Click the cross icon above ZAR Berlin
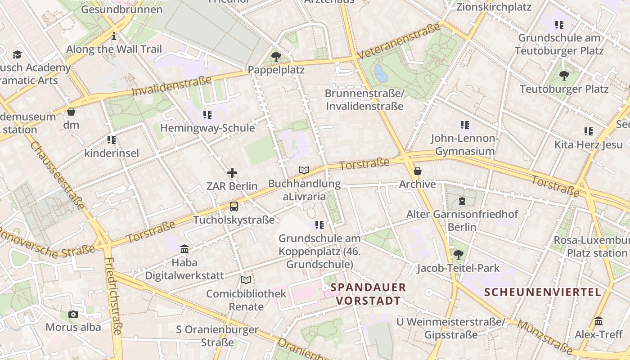pyautogui.click(x=232, y=173)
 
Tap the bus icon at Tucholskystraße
pyautogui.click(x=234, y=207)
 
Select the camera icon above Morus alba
pyautogui.click(x=73, y=314)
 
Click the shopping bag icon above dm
pyautogui.click(x=71, y=112)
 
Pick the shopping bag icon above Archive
pyautogui.click(x=418, y=171)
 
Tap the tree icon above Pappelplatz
pyautogui.click(x=276, y=57)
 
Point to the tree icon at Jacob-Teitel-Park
pyautogui.click(x=458, y=255)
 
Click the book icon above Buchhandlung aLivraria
pyautogui.click(x=304, y=170)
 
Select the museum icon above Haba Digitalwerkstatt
pyautogui.click(x=184, y=249)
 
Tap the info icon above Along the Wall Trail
pyautogui.click(x=114, y=36)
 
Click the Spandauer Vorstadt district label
pyautogui.click(x=368, y=294)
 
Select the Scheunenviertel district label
pyautogui.click(x=543, y=292)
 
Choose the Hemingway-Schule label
pyautogui.click(x=207, y=128)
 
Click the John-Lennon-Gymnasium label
pyautogui.click(x=464, y=144)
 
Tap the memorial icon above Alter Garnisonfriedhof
pyautogui.click(x=462, y=201)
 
